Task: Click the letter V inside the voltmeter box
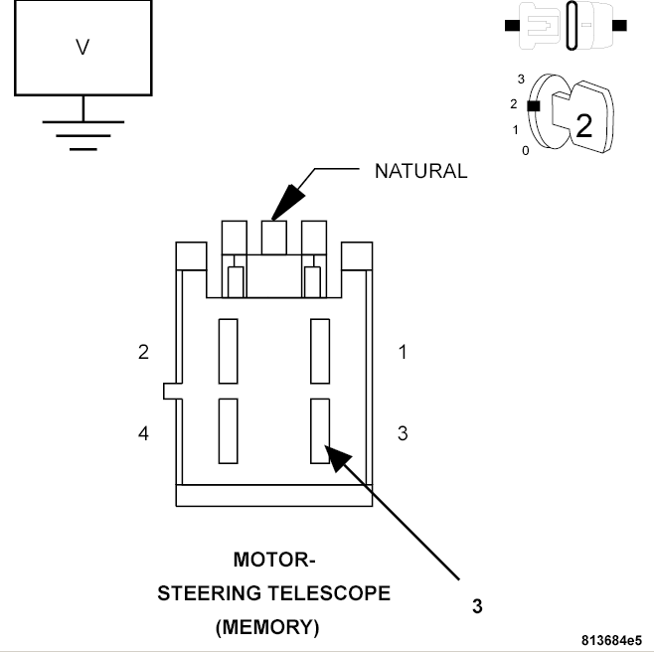click(82, 47)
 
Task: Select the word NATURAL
click(420, 171)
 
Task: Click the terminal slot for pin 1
click(320, 351)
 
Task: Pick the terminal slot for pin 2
click(229, 351)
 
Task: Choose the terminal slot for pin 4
click(229, 431)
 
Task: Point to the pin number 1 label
click(403, 352)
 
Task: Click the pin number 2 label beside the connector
click(143, 352)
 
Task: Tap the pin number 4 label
click(143, 433)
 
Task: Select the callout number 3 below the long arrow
click(477, 606)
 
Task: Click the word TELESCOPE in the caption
click(329, 593)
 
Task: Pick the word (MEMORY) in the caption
click(267, 627)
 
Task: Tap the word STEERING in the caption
click(210, 593)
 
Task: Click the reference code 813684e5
click(612, 640)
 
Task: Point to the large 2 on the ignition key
click(583, 126)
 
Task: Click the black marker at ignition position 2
click(534, 106)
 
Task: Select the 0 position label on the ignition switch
click(526, 151)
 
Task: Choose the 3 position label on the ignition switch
click(521, 79)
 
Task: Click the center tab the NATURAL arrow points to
click(274, 238)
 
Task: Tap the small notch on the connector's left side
click(170, 391)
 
